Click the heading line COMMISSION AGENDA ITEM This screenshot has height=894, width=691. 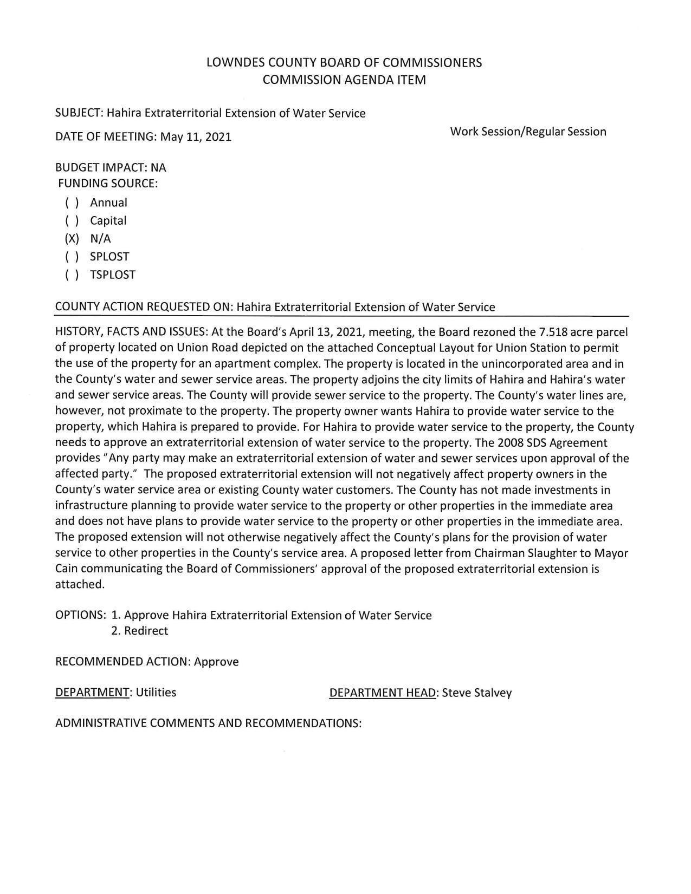pos(344,80)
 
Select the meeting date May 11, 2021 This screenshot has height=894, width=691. pos(196,137)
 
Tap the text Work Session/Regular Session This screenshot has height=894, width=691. pos(528,132)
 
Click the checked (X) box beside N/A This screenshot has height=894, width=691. pos(72,239)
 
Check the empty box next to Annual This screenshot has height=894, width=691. pos(72,203)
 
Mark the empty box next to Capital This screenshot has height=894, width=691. pos(72,221)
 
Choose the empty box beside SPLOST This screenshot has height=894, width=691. pos(72,257)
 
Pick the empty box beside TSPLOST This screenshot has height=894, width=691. pos(72,275)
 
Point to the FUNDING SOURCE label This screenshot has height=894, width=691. pos(108,184)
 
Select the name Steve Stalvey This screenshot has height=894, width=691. pos(477,693)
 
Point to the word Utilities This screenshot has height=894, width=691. pos(156,693)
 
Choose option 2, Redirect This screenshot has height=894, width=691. pos(140,631)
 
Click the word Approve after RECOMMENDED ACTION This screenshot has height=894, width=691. pos(216,662)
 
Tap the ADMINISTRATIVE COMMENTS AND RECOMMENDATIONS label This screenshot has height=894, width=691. pos(208,723)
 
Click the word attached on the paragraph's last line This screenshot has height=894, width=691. pos(79,585)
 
